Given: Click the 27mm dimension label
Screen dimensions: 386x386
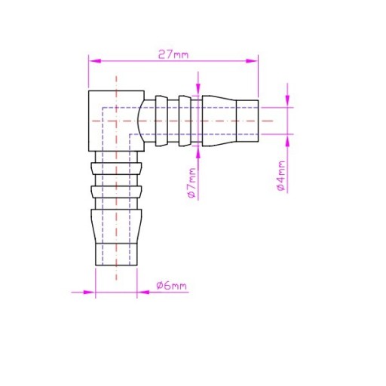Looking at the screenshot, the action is pyautogui.click(x=173, y=54).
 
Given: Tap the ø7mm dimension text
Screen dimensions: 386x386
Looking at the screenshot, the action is pyautogui.click(x=192, y=182).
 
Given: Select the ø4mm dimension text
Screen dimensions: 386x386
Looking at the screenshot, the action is pyautogui.click(x=281, y=176).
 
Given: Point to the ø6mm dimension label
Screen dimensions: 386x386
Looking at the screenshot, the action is pyautogui.click(x=172, y=286).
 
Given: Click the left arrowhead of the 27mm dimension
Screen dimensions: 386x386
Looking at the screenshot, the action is pyautogui.click(x=95, y=61).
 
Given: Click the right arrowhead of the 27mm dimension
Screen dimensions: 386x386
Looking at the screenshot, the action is pyautogui.click(x=252, y=61).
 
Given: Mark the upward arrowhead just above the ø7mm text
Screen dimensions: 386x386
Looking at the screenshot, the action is pyautogui.click(x=198, y=152).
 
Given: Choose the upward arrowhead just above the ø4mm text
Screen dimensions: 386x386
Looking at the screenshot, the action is pyautogui.click(x=288, y=142).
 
